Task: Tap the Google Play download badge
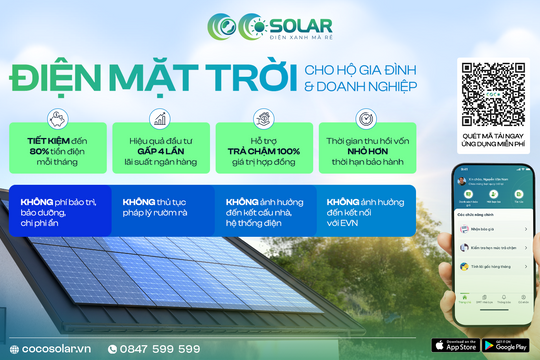[506, 345]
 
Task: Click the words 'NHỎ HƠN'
[359, 151]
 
